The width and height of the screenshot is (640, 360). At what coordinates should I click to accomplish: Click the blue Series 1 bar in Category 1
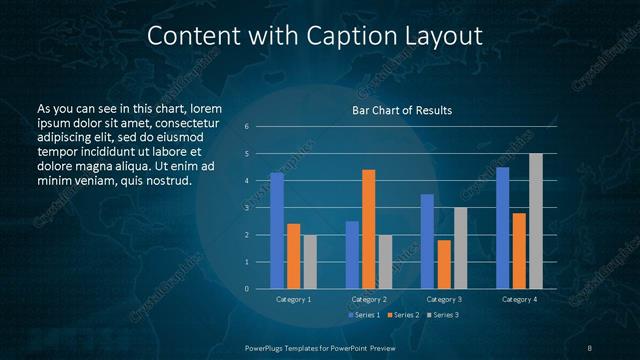coord(277,231)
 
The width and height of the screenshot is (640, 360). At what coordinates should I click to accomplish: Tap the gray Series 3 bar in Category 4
coord(536,221)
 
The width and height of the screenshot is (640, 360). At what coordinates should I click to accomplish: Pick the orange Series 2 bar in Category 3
coord(444,264)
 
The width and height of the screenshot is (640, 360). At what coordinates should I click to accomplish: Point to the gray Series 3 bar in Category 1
coord(309,262)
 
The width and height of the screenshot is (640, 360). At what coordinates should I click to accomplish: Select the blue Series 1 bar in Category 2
coord(352,255)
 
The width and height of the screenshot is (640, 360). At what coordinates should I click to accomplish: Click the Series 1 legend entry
coord(363,315)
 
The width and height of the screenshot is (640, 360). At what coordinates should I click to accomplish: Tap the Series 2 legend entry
coord(402,315)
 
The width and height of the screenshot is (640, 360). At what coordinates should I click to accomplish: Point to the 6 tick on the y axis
coord(246,127)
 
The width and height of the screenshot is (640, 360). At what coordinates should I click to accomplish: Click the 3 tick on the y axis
coord(246,208)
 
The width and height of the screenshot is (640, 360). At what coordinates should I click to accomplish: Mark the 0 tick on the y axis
coord(246,289)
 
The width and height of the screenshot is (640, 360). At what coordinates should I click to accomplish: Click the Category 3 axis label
coord(444,299)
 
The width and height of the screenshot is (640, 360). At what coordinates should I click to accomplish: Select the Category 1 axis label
coord(293,299)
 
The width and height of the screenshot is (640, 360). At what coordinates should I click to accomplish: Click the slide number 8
coord(590,346)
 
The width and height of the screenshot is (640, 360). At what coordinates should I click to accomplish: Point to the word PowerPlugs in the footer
coord(266,346)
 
